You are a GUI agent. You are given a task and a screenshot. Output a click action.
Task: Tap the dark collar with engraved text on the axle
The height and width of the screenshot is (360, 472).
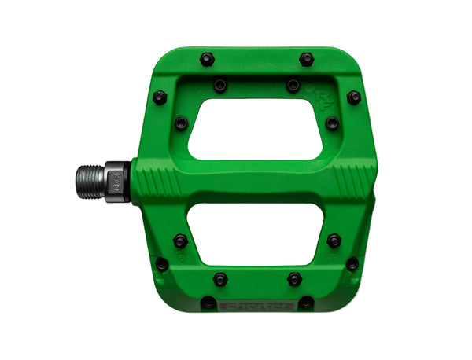tap(119, 183)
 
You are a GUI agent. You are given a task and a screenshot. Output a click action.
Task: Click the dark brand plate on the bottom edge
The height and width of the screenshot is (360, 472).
tap(256, 304)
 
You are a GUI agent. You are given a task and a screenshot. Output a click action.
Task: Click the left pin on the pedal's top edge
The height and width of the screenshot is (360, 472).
tap(207, 59)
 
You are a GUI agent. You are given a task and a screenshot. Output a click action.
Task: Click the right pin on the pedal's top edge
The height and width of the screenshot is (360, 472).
tap(306, 59)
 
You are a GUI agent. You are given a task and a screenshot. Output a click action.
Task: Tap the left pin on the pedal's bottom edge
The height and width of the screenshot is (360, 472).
tap(208, 302)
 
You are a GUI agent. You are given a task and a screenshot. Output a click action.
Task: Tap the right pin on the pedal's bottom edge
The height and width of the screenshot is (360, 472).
tap(306, 302)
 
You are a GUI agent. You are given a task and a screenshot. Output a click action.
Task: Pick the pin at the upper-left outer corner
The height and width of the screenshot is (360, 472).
tap(160, 97)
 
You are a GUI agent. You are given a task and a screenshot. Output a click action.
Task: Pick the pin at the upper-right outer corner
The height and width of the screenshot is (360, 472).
tap(354, 97)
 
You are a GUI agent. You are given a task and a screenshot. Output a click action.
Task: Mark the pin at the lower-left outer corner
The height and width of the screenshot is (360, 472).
tap(161, 264)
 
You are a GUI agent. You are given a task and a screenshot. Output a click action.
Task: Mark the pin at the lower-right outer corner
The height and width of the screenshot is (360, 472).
tap(352, 263)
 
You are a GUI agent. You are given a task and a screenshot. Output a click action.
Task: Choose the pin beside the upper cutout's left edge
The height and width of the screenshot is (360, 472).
tap(182, 123)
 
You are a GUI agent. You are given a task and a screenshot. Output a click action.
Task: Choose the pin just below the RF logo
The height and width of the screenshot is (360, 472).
tap(332, 123)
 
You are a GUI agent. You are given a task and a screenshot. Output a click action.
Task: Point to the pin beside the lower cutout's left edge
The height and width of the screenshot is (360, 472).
tap(181, 241)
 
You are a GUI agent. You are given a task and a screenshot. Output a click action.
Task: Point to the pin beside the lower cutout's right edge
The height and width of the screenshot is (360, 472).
tap(334, 241)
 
